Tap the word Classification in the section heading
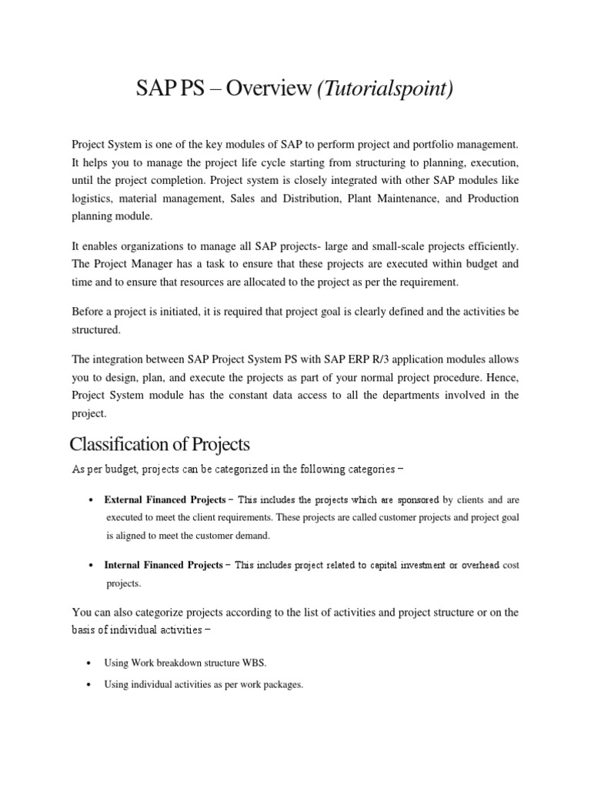[x=119, y=444]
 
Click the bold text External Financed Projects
[x=165, y=499]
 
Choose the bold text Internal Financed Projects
[x=164, y=565]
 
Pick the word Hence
[x=501, y=377]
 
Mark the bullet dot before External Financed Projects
[x=92, y=500]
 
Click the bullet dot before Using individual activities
[x=92, y=685]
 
